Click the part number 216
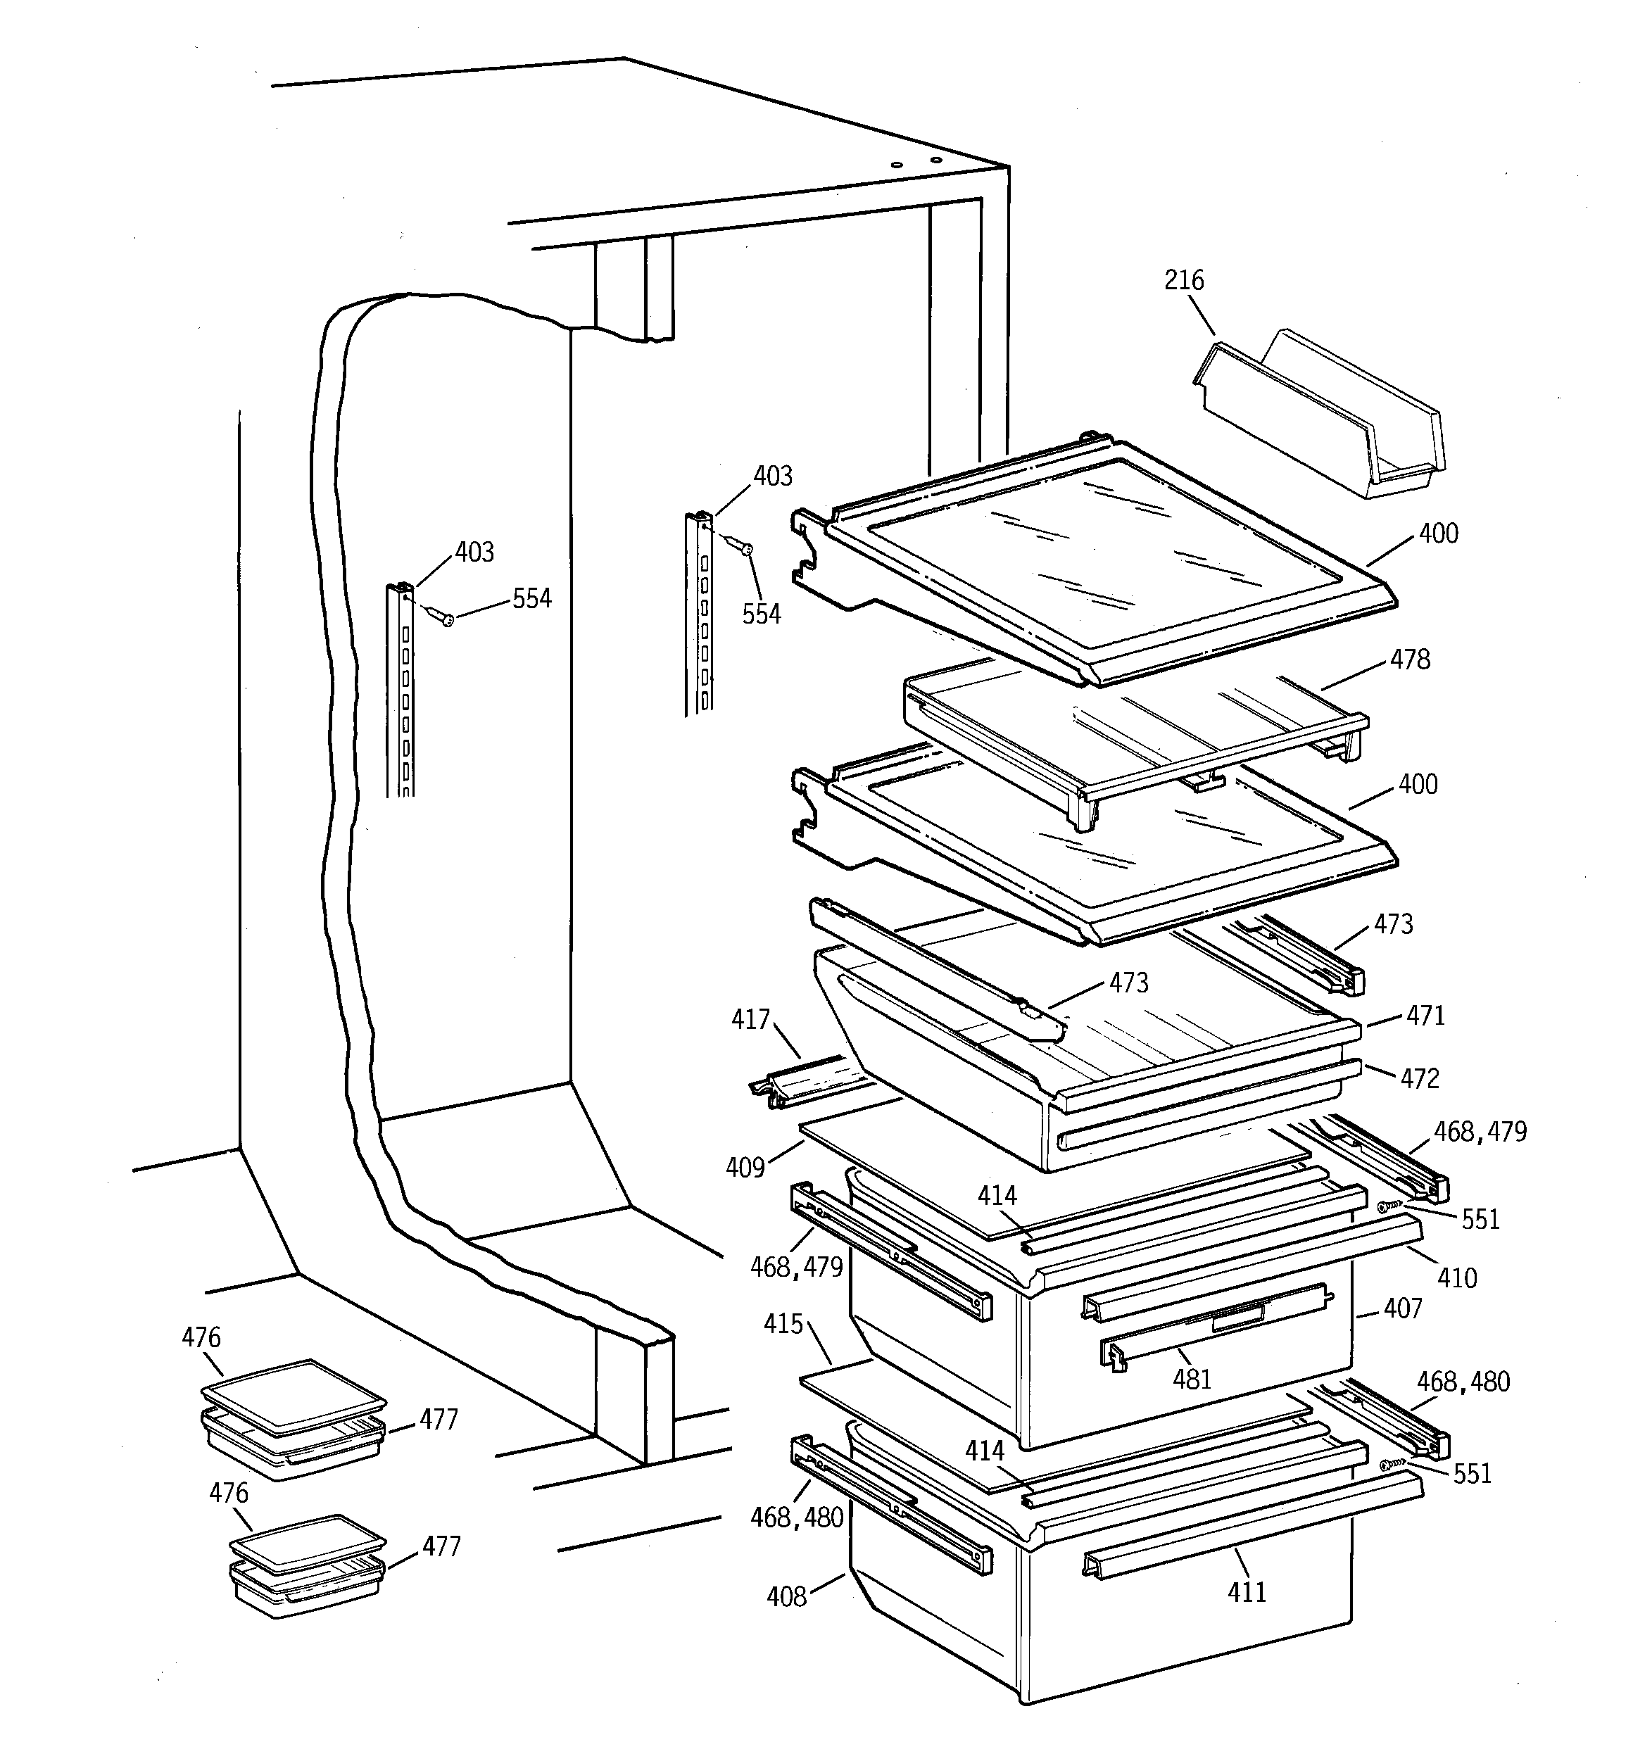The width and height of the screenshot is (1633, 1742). (x=1183, y=280)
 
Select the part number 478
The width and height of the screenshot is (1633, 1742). (x=1409, y=659)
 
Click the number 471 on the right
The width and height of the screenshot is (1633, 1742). (x=1425, y=1016)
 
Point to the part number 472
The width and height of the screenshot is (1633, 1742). (x=1419, y=1078)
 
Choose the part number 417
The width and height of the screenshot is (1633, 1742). (x=750, y=1020)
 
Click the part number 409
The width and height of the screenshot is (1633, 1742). (x=745, y=1168)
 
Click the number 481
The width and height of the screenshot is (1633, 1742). (x=1192, y=1380)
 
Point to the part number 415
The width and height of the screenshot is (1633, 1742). (x=783, y=1324)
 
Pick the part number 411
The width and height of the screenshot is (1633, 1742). (x=1247, y=1592)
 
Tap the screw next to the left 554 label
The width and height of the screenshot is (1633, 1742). (x=441, y=616)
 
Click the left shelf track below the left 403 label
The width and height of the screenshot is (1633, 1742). (x=401, y=693)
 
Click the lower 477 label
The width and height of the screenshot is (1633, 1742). (x=441, y=1546)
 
